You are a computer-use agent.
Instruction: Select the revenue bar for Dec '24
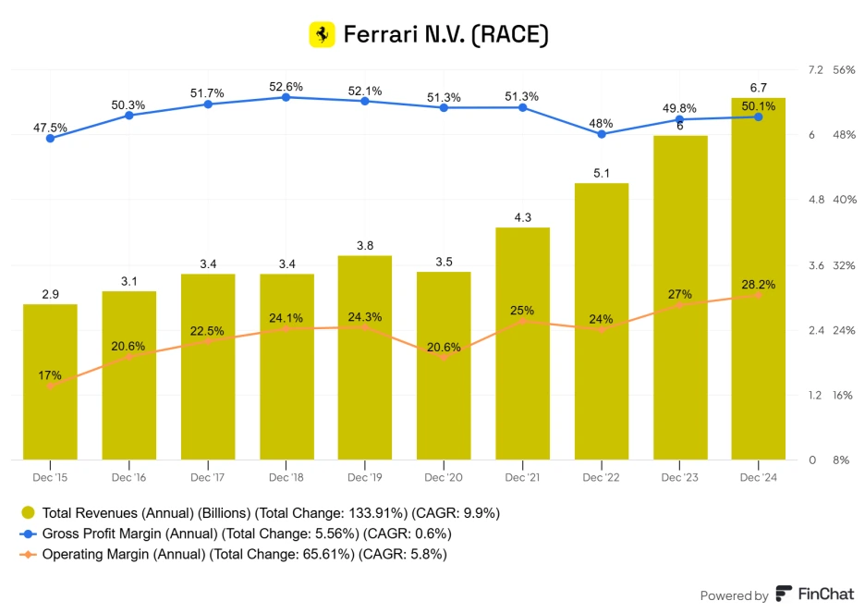point(758,277)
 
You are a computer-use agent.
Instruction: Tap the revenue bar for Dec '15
point(50,381)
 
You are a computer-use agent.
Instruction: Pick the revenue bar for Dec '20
point(444,365)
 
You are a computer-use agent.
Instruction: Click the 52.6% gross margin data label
point(286,86)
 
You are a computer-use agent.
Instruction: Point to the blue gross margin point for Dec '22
point(601,134)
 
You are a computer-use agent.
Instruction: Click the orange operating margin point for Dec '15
point(50,386)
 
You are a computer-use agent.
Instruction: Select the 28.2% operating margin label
point(758,284)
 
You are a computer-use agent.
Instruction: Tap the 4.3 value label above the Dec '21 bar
point(522,217)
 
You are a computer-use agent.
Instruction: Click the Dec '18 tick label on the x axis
point(286,477)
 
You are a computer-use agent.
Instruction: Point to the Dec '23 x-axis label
point(679,477)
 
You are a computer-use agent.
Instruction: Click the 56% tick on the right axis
point(843,70)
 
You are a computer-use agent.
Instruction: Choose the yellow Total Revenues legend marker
point(28,512)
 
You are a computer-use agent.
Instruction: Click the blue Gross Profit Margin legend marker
point(28,533)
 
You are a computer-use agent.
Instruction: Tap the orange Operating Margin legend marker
point(28,554)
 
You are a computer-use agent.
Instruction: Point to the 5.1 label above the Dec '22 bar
point(601,173)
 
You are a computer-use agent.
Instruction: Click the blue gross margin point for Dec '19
point(365,101)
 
